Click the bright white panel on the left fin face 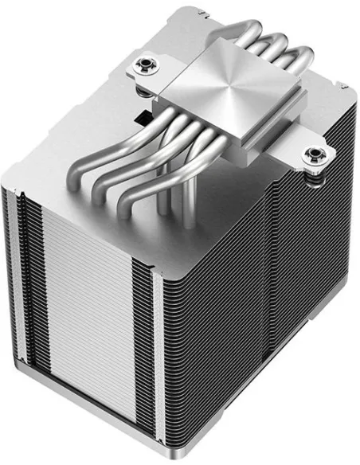point(80,318)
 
